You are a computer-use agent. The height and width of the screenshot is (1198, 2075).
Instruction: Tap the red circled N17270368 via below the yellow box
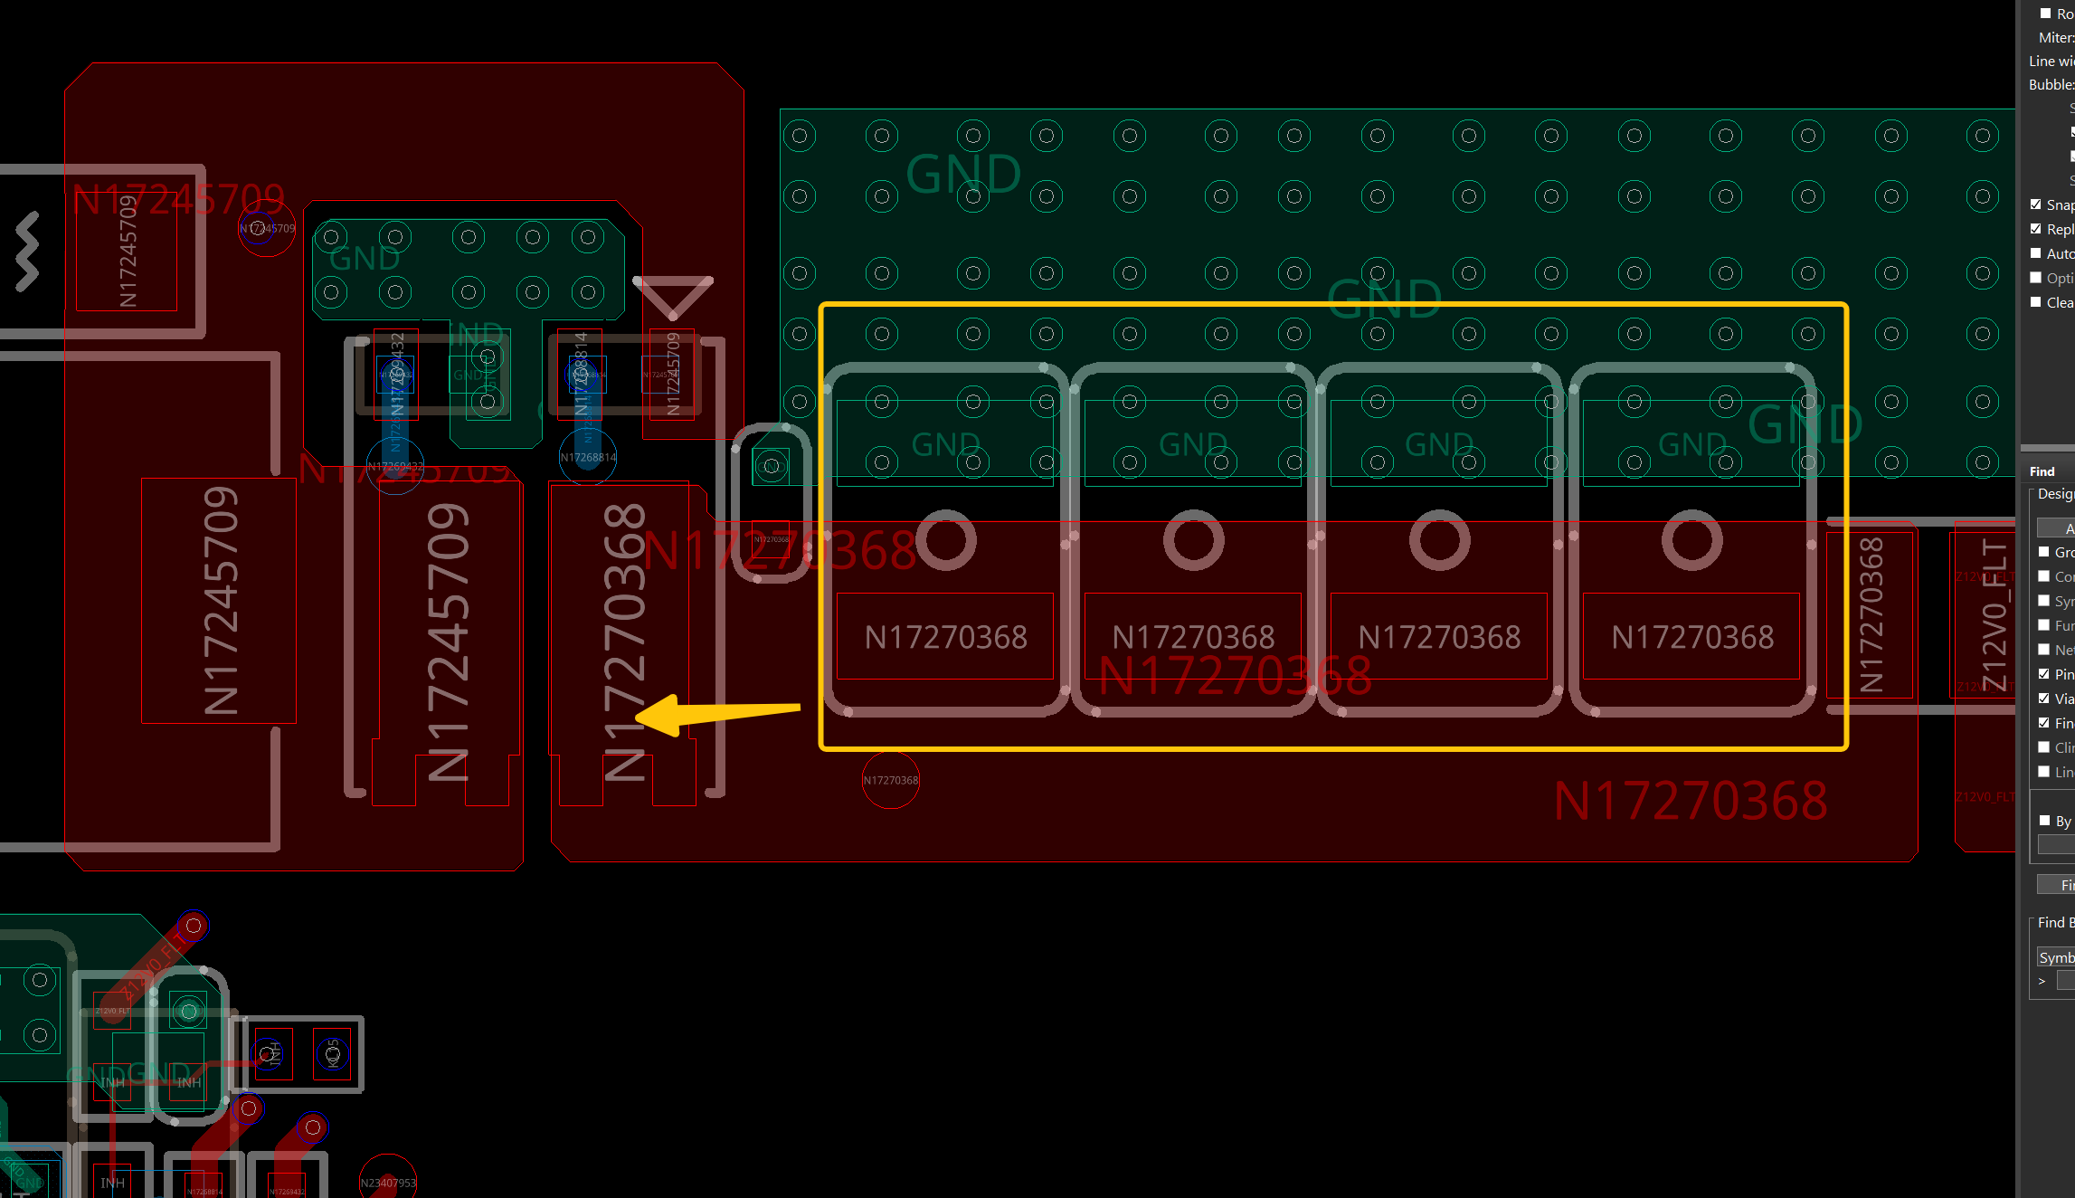(x=891, y=780)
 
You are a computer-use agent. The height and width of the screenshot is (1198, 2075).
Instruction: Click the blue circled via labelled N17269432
(x=395, y=466)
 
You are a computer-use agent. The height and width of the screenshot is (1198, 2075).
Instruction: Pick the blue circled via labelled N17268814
(x=588, y=457)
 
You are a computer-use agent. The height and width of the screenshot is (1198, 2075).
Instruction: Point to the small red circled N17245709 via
(x=266, y=228)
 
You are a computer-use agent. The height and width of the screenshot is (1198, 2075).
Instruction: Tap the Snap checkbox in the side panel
(x=2036, y=204)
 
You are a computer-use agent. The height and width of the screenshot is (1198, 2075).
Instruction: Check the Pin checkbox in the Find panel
(x=2044, y=674)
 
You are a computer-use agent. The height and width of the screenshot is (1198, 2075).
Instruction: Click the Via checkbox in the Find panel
(x=2044, y=699)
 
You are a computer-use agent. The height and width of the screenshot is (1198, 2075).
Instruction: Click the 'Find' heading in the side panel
(x=2042, y=471)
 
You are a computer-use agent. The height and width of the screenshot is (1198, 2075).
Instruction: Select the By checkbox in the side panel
(x=2045, y=821)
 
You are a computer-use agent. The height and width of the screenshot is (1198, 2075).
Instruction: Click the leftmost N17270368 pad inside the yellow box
(x=945, y=636)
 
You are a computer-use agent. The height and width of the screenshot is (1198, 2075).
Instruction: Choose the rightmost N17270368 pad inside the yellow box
(x=1691, y=636)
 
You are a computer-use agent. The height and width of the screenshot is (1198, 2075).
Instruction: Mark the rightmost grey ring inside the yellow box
(x=1691, y=540)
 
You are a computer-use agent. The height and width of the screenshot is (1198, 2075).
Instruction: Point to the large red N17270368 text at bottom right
(x=1690, y=802)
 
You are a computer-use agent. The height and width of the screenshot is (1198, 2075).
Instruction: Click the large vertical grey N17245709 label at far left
(x=220, y=601)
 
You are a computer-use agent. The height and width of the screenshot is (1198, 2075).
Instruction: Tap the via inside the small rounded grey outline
(x=771, y=466)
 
